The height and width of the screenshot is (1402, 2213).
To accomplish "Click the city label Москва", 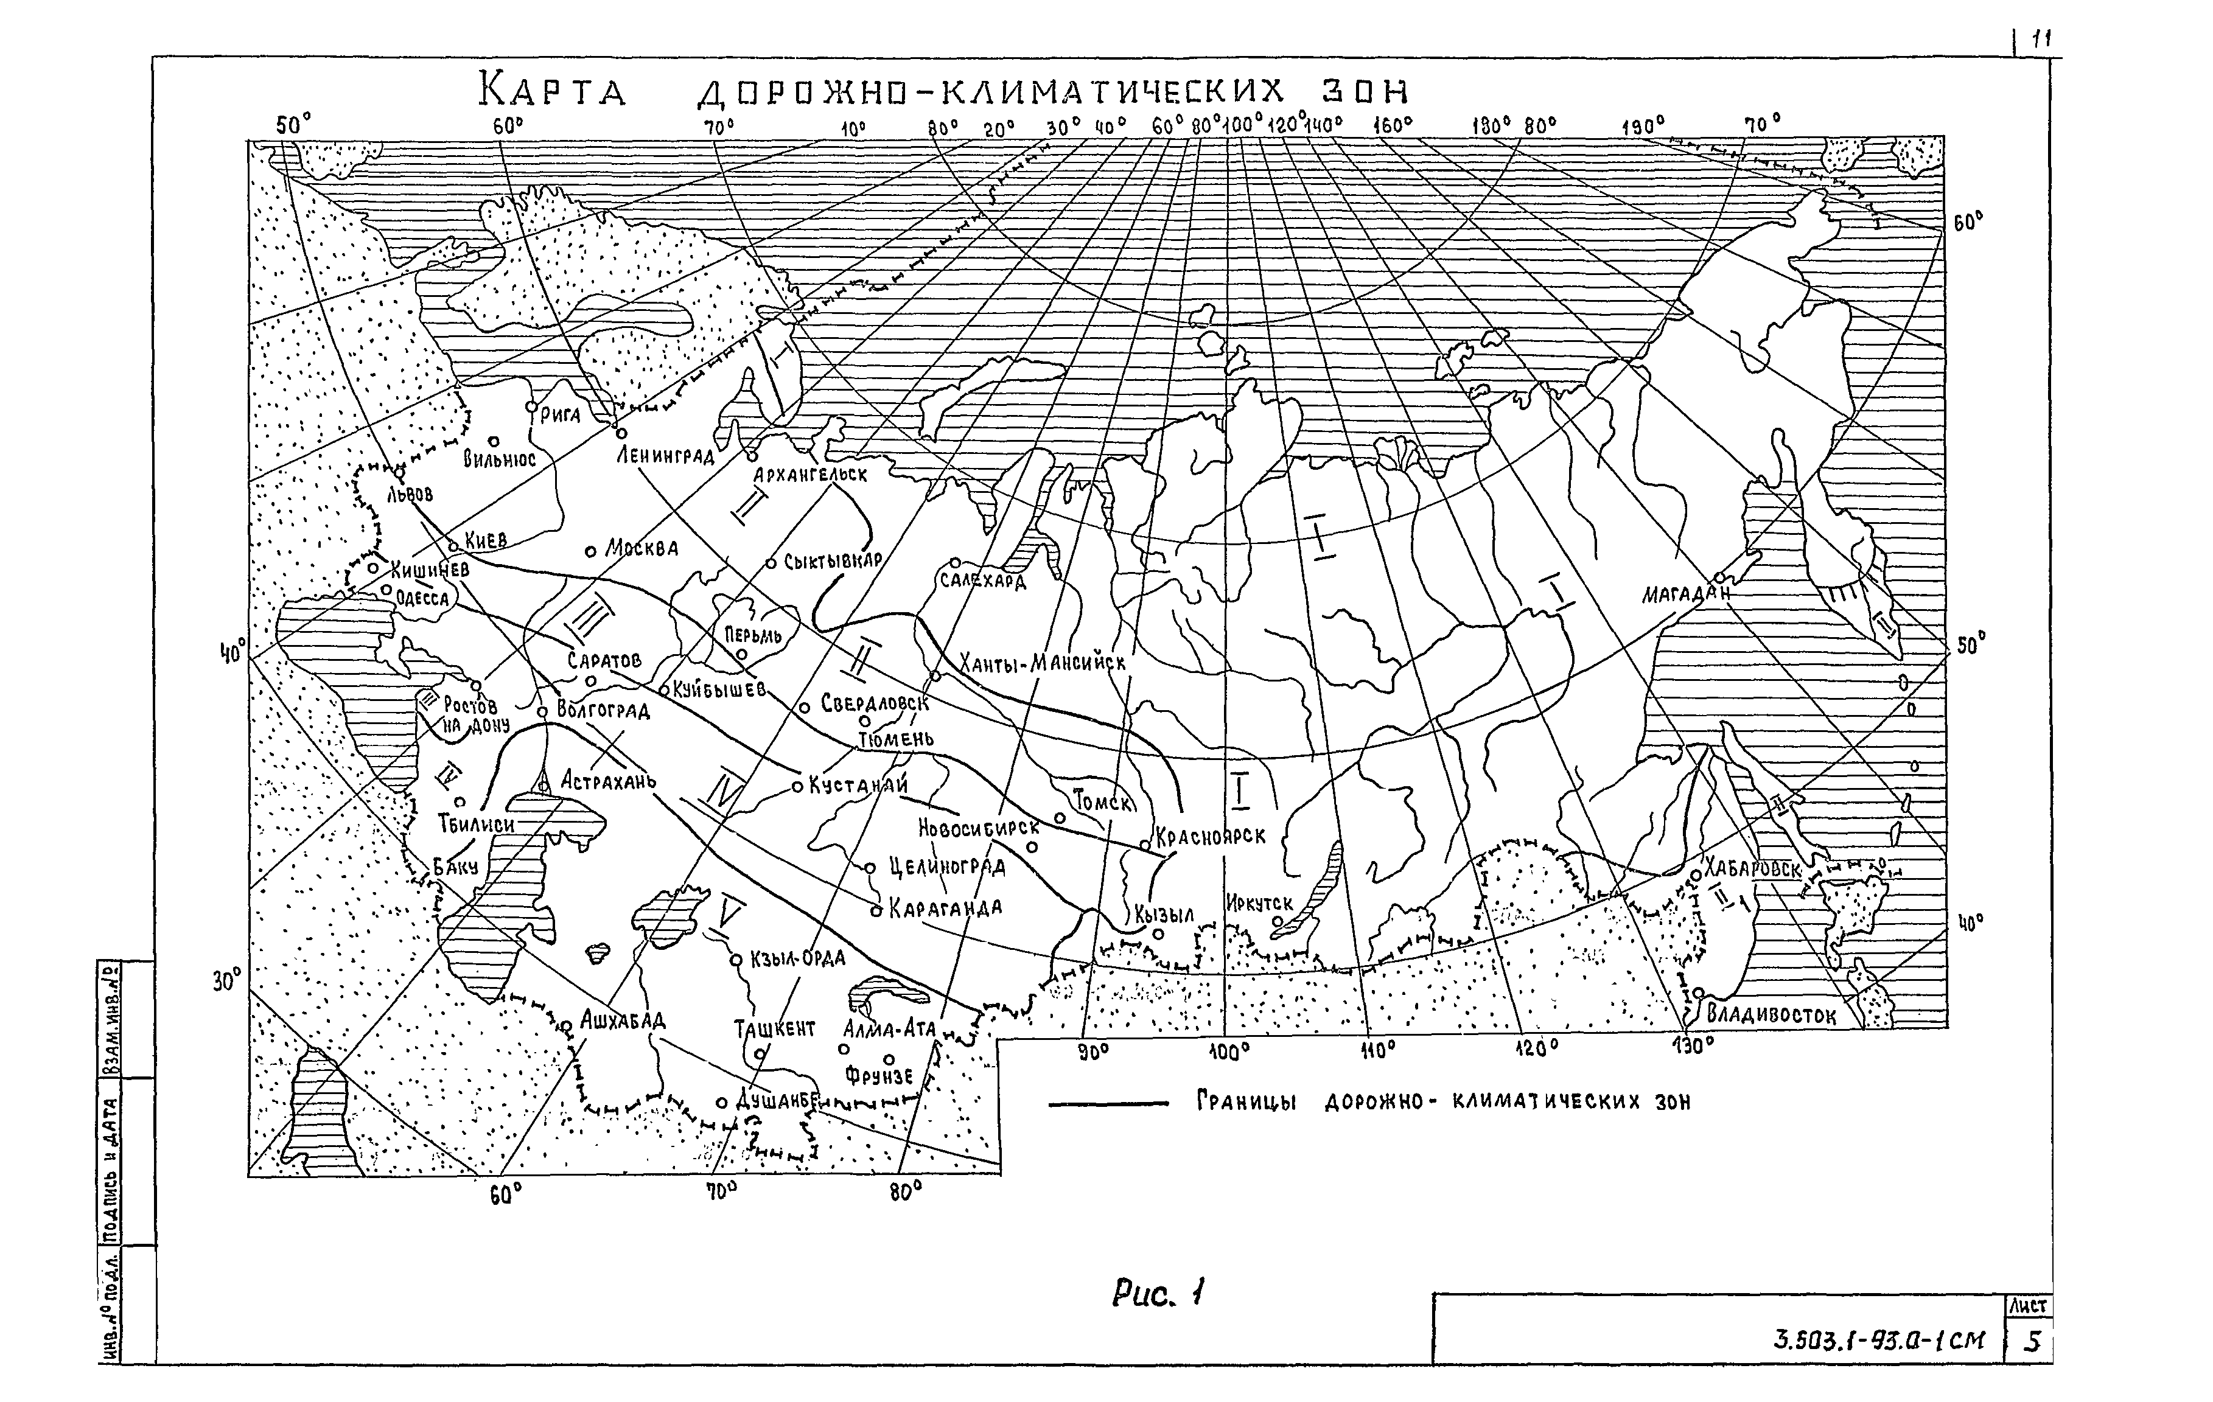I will pos(642,548).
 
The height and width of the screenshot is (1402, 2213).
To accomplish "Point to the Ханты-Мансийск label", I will pos(1042,661).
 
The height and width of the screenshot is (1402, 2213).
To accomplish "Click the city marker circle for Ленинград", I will pos(621,433).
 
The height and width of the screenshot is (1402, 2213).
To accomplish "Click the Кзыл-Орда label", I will pos(797,958).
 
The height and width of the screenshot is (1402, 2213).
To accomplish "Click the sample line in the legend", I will pos(1108,1103).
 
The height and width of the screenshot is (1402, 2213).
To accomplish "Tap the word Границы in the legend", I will pos(1245,1101).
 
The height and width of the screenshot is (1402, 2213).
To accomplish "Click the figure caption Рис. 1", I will pos(1157,1294).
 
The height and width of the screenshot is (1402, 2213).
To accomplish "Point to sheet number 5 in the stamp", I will pos(2033,1341).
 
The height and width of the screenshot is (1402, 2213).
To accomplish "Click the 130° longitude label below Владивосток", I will pos(1691,1047).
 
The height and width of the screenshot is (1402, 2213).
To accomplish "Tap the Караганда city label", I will pos(945,908).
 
